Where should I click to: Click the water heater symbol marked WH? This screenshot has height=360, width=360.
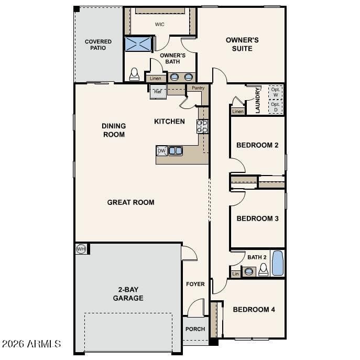81,249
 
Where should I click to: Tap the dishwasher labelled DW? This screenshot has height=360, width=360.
161,151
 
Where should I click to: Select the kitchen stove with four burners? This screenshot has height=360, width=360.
202,126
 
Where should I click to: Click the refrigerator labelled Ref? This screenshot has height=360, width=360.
158,92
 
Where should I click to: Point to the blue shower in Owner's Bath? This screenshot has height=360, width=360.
138,44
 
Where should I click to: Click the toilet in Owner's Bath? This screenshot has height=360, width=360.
134,74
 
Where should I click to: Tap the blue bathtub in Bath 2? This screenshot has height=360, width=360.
278,263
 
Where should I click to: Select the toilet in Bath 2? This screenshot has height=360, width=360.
264,269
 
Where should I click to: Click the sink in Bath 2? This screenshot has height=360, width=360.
249,271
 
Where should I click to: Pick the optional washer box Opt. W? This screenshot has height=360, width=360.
276,92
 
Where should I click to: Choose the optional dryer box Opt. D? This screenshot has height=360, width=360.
276,107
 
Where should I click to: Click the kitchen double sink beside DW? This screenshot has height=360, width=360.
176,151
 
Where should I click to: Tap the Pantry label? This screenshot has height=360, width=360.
198,88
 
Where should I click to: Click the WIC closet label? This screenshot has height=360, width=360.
160,24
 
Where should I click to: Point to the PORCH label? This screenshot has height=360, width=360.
195,329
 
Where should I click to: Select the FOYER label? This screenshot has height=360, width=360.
195,284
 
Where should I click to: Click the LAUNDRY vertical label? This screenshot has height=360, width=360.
258,100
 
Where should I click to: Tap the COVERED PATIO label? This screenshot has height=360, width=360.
98,45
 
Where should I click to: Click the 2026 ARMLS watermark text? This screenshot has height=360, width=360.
31,344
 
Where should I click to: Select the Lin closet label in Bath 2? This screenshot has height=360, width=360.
235,274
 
